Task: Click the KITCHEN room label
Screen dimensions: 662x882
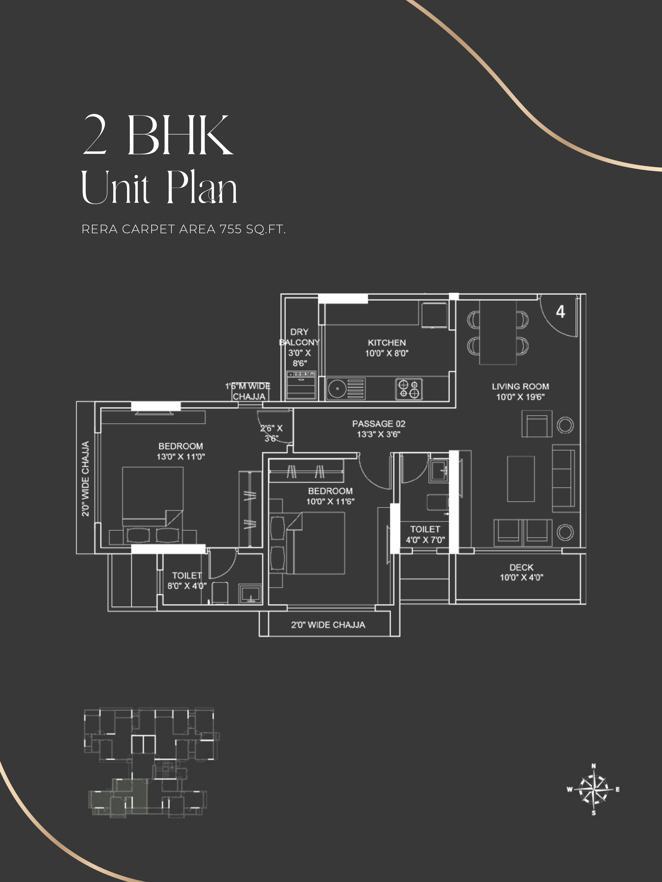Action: coord(387,343)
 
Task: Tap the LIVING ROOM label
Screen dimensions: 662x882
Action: coord(520,386)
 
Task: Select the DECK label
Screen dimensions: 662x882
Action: coord(521,567)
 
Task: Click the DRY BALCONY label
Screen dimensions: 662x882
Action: coord(299,337)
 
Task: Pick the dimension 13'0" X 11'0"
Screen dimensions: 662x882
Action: coord(181,456)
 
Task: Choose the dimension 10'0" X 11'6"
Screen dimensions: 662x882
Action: coord(331,502)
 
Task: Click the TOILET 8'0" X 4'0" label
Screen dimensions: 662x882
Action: coord(187,581)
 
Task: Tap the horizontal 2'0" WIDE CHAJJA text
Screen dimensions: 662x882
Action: coord(328,625)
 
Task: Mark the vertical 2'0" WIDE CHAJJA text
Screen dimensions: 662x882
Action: coord(85,478)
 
